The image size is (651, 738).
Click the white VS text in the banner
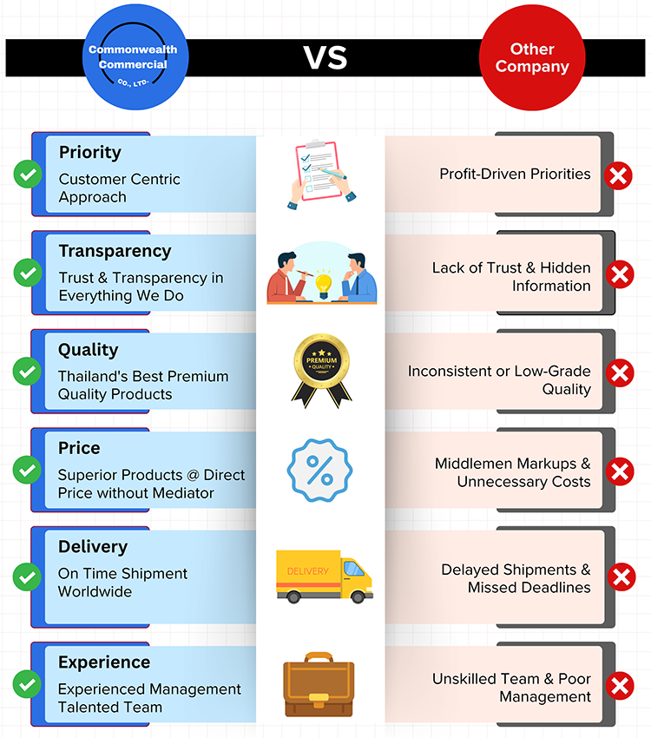pos(325,57)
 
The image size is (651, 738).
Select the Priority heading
pos(90,152)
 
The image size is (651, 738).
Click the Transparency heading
pos(115,251)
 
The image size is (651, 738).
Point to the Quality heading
pos(88,350)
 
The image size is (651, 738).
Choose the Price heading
pos(79,448)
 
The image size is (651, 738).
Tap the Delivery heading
pos(93,547)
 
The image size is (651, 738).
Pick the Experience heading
pos(104,662)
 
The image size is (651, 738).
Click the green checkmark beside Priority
pos(28,175)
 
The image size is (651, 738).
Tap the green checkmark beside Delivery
pos(28,577)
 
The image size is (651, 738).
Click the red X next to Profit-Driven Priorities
pos(619,177)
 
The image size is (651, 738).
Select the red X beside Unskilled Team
pos(619,688)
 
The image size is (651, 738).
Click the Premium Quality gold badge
pos(321,369)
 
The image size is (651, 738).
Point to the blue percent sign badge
pos(319,471)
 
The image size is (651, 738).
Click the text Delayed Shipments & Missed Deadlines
pos(516,578)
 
